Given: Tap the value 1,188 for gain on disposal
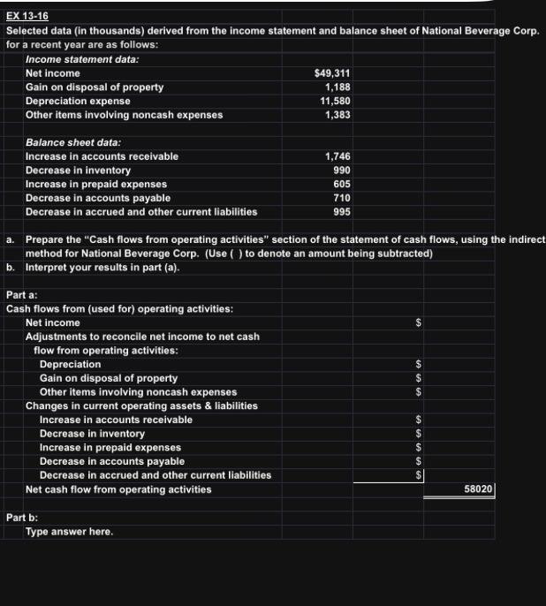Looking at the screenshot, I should pyautogui.click(x=337, y=87).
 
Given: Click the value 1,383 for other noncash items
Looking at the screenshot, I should pyautogui.click(x=337, y=115).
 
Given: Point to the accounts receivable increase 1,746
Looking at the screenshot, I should pyautogui.click(x=337, y=156).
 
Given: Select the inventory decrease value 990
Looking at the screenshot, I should pyautogui.click(x=341, y=170).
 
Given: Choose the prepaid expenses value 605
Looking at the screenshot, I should pyautogui.click(x=341, y=184).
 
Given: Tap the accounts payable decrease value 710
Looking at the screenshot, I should pyautogui.click(x=341, y=198).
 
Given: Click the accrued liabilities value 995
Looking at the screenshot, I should pyautogui.click(x=341, y=212).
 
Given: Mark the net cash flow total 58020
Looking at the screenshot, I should pyautogui.click(x=478, y=489).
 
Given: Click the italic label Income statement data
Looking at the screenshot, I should pyautogui.click(x=82, y=59).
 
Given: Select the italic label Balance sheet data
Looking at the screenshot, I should pyautogui.click(x=73, y=142).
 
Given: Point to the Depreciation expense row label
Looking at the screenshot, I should pyautogui.click(x=78, y=101).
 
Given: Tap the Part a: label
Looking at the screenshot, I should pyautogui.click(x=22, y=295).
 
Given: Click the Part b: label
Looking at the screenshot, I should pyautogui.click(x=22, y=518).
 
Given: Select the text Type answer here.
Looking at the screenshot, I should pyautogui.click(x=70, y=532).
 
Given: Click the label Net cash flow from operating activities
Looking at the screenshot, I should pyautogui.click(x=118, y=489).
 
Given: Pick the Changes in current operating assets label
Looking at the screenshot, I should pyautogui.click(x=141, y=405).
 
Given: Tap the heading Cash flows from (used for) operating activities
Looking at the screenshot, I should pyautogui.click(x=119, y=309).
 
